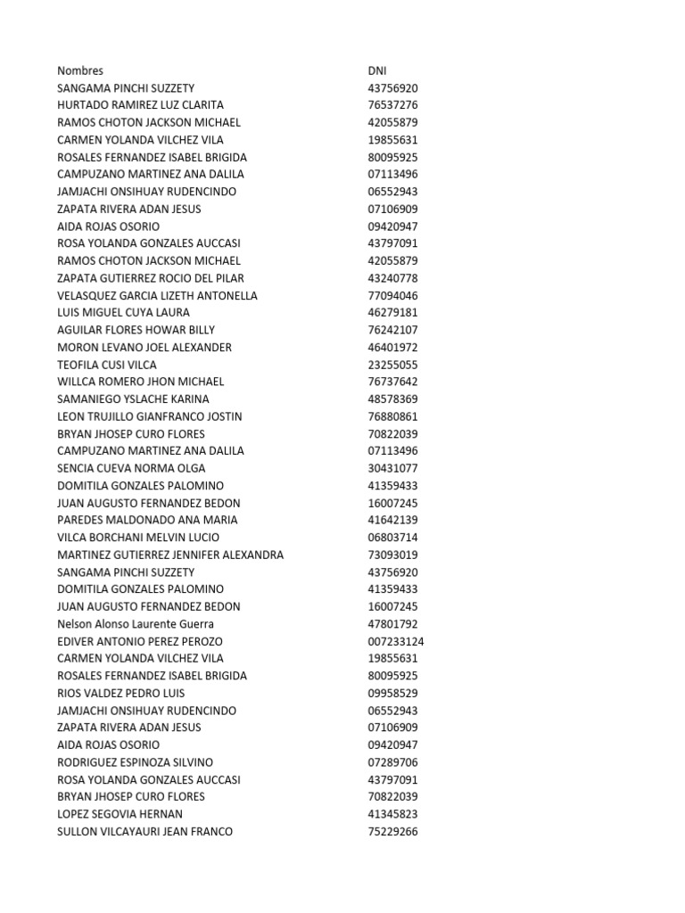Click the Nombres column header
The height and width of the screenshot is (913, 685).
click(80, 70)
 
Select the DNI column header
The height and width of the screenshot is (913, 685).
click(377, 70)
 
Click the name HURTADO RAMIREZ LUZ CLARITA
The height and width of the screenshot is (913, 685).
click(140, 105)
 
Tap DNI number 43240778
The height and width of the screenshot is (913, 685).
click(392, 278)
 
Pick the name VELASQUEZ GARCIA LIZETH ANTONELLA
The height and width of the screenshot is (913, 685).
click(157, 295)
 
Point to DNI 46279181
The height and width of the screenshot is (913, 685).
click(392, 313)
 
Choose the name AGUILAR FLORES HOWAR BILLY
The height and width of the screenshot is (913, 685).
click(136, 330)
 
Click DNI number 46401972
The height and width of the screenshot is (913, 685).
click(392, 347)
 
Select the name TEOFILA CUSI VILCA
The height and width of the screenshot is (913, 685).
click(107, 365)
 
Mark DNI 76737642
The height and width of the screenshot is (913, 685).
click(392, 382)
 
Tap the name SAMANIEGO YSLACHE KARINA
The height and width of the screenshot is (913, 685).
click(133, 399)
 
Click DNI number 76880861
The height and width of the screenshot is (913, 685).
click(392, 416)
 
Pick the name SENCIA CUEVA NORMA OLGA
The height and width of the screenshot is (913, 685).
click(131, 468)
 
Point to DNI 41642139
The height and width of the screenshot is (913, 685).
click(392, 520)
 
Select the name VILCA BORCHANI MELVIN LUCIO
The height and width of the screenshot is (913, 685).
click(137, 538)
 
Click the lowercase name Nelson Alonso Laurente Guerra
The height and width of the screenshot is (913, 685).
click(136, 624)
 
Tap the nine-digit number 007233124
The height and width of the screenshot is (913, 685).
click(395, 641)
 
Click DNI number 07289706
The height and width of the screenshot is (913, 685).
click(392, 762)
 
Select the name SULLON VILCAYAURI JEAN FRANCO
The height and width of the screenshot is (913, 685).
click(144, 832)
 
